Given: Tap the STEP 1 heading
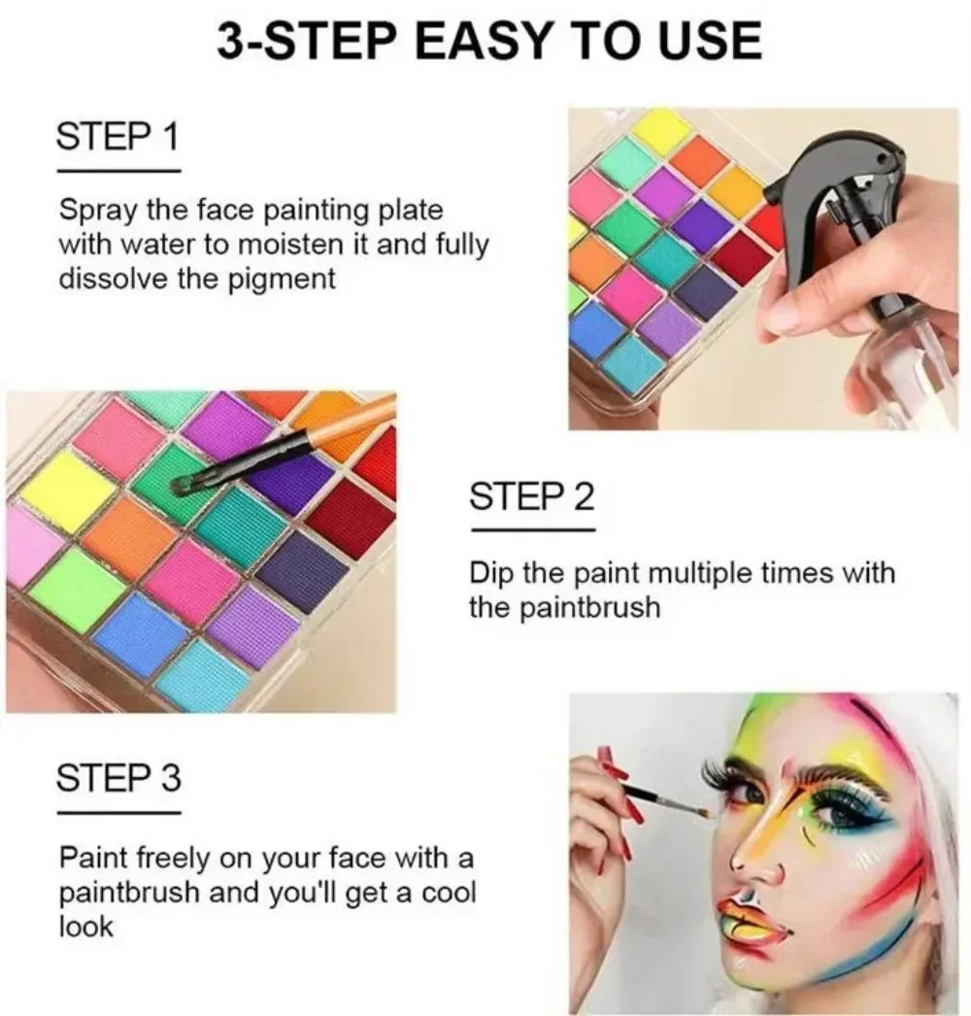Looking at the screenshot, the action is pos(117,136).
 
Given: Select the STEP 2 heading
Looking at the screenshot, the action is pos(531,496).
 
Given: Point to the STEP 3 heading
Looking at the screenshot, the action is pos(118,778).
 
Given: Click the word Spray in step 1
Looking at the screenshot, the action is pos(98,211).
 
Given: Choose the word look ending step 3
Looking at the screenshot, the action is pos(85,927).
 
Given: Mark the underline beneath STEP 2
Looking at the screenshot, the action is pos(533,530).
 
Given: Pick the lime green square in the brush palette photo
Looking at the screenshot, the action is pos(78,590).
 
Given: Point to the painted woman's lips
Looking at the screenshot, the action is pos(756,920).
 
